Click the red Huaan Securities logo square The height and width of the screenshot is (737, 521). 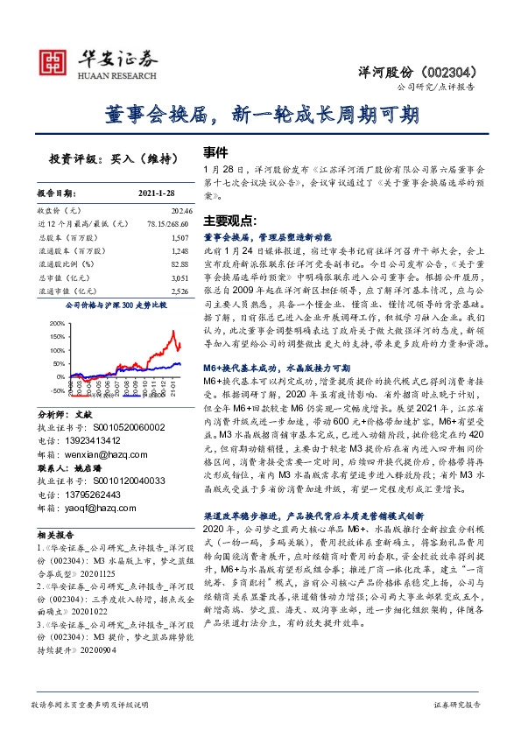55,62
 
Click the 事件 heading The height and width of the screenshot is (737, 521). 215,151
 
